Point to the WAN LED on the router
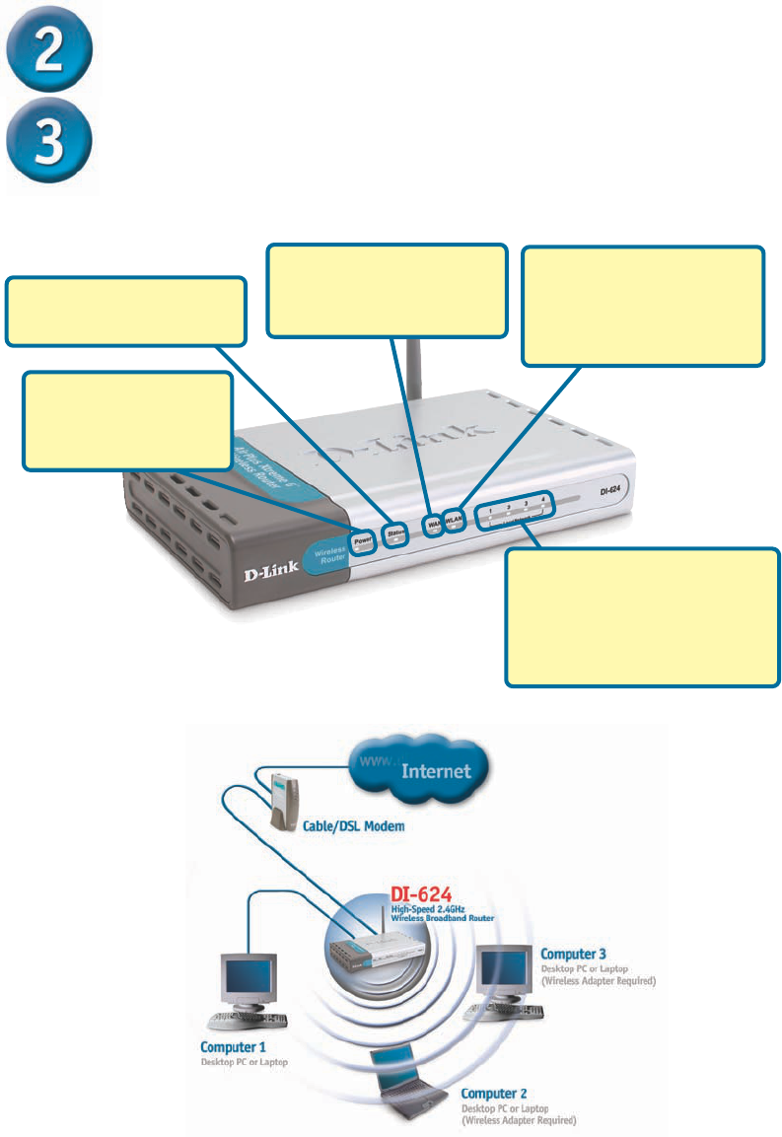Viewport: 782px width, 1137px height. pyautogui.click(x=433, y=523)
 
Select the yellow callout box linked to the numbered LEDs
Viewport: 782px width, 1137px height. pyautogui.click(x=642, y=617)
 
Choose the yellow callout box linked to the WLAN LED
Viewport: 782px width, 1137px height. pyautogui.click(x=643, y=306)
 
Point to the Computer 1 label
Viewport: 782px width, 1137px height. pyautogui.click(x=233, y=1046)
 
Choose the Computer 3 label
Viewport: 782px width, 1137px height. pyautogui.click(x=574, y=954)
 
